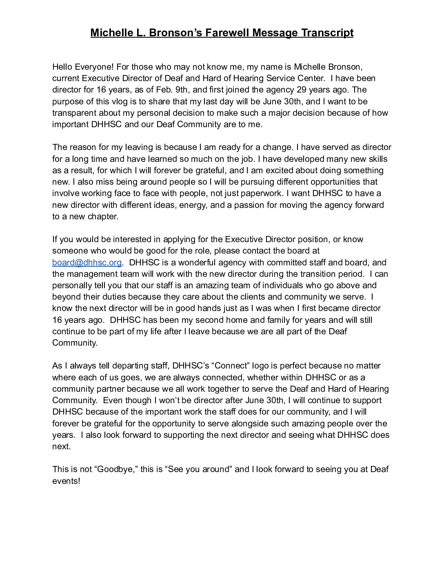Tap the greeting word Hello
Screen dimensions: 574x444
[63, 66]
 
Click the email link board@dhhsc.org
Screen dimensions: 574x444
[87, 263]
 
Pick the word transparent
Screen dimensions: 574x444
[75, 113]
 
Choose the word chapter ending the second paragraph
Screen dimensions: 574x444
[103, 216]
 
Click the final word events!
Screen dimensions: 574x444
[66, 481]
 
